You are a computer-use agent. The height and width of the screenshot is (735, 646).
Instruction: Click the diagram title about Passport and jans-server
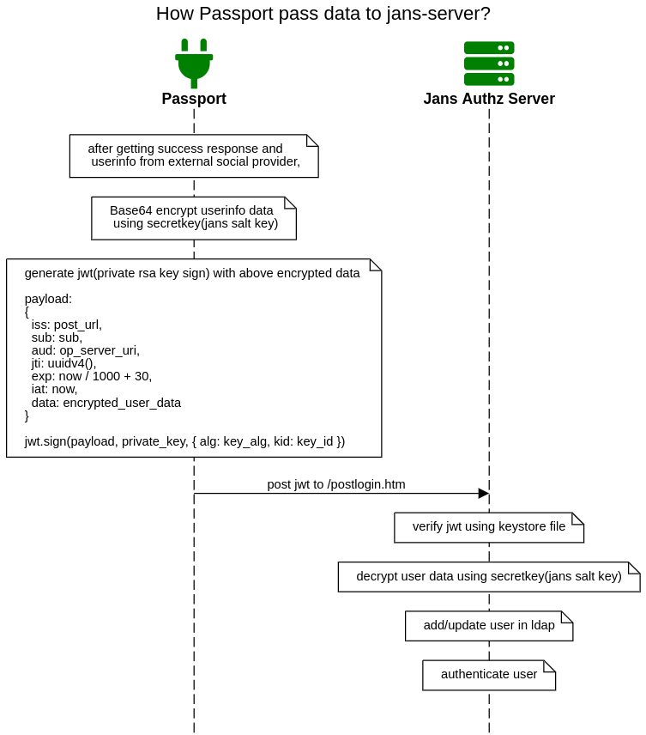(x=323, y=14)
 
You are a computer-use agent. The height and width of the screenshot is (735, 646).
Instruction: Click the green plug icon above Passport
(x=194, y=63)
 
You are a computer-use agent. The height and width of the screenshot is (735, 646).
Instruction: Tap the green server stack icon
(x=489, y=64)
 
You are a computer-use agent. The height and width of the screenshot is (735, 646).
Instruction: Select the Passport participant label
(x=194, y=99)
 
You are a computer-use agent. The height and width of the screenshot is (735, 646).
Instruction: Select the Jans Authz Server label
(x=489, y=99)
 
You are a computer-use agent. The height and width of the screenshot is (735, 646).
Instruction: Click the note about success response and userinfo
(x=194, y=155)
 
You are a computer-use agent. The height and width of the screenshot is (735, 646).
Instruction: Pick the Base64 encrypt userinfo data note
(x=194, y=217)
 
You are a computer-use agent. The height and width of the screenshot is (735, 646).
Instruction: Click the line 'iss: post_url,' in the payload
(x=66, y=325)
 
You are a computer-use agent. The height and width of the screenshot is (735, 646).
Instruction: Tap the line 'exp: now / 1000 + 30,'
(x=91, y=376)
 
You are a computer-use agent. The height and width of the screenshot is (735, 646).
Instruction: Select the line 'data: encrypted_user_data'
(x=106, y=403)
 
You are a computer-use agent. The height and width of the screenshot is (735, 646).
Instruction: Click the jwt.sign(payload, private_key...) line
(x=184, y=441)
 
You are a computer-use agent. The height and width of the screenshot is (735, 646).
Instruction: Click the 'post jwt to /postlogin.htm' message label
(x=335, y=484)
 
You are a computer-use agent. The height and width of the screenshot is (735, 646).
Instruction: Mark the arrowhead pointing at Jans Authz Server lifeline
(x=484, y=494)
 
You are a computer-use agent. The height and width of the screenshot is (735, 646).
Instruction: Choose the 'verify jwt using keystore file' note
(x=489, y=527)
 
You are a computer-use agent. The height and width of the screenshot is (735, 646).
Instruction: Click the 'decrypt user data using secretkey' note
(x=489, y=577)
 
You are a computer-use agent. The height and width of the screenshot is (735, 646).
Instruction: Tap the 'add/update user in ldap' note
(x=489, y=626)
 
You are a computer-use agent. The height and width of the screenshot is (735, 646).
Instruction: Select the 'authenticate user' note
(x=489, y=675)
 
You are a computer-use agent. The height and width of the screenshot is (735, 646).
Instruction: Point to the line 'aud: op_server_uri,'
(x=85, y=350)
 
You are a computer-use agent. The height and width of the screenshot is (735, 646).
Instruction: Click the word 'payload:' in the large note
(x=48, y=299)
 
